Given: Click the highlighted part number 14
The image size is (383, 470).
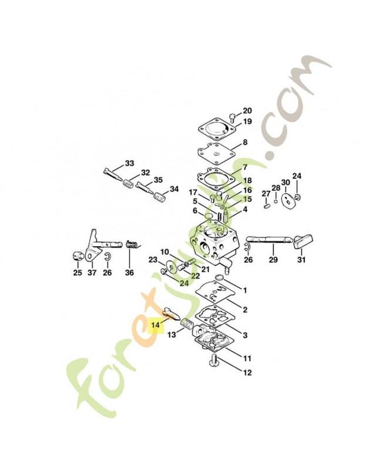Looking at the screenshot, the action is [x=156, y=325].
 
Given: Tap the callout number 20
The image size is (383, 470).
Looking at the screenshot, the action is [x=247, y=111].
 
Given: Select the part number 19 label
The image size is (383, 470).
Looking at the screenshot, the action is [x=247, y=122].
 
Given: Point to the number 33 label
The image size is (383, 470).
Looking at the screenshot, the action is [x=129, y=163].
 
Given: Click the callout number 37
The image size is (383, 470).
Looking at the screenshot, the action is [x=92, y=273].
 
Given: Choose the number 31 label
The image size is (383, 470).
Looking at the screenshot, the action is [x=301, y=260].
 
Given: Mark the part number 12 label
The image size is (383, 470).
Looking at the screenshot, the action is [x=247, y=372].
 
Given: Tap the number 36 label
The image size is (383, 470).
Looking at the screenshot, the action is [x=129, y=273].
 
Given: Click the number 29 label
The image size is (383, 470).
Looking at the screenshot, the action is [x=273, y=260].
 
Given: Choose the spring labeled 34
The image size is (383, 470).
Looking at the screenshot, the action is [x=159, y=198].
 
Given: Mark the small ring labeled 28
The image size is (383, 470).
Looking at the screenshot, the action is [x=276, y=201].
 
